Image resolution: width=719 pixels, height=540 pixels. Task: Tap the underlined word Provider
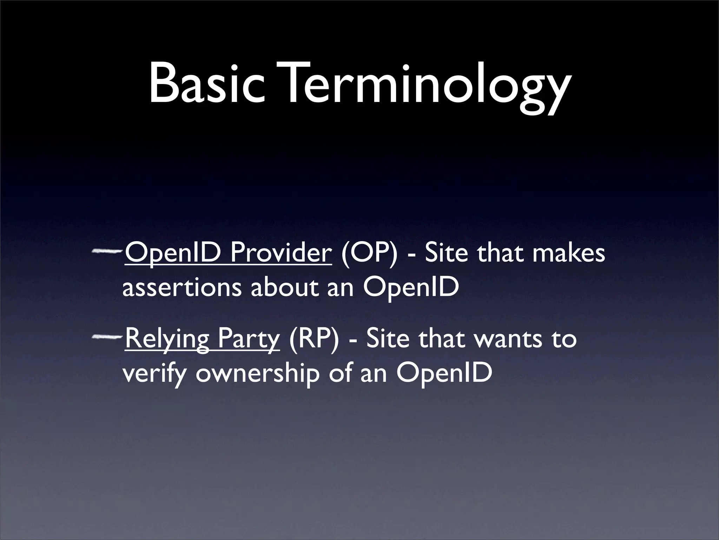[281, 253]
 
